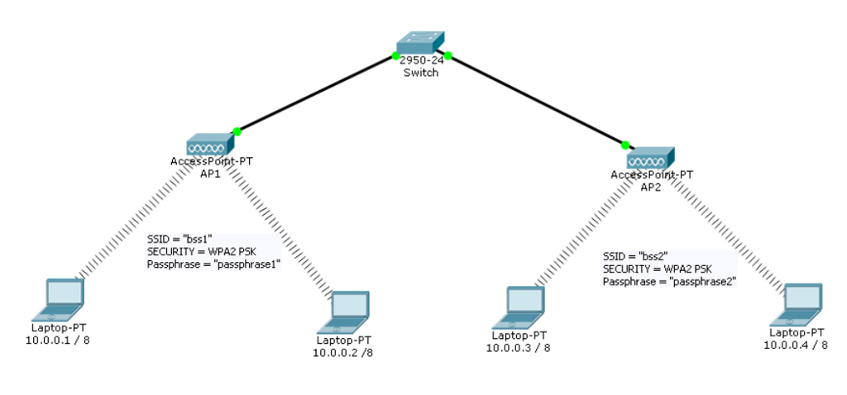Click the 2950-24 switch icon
pyautogui.click(x=419, y=43)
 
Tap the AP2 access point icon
pyautogui.click(x=650, y=159)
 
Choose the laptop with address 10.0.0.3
pyautogui.click(x=524, y=305)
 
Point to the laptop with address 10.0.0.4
pyautogui.click(x=801, y=302)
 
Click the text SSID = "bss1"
pyautogui.click(x=179, y=238)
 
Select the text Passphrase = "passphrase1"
pyautogui.click(x=213, y=264)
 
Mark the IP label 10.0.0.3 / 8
pyautogui.click(x=519, y=348)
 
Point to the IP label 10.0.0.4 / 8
pyautogui.click(x=796, y=345)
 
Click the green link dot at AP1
pyautogui.click(x=237, y=131)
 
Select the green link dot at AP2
pyautogui.click(x=625, y=145)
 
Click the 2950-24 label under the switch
pyautogui.click(x=420, y=61)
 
